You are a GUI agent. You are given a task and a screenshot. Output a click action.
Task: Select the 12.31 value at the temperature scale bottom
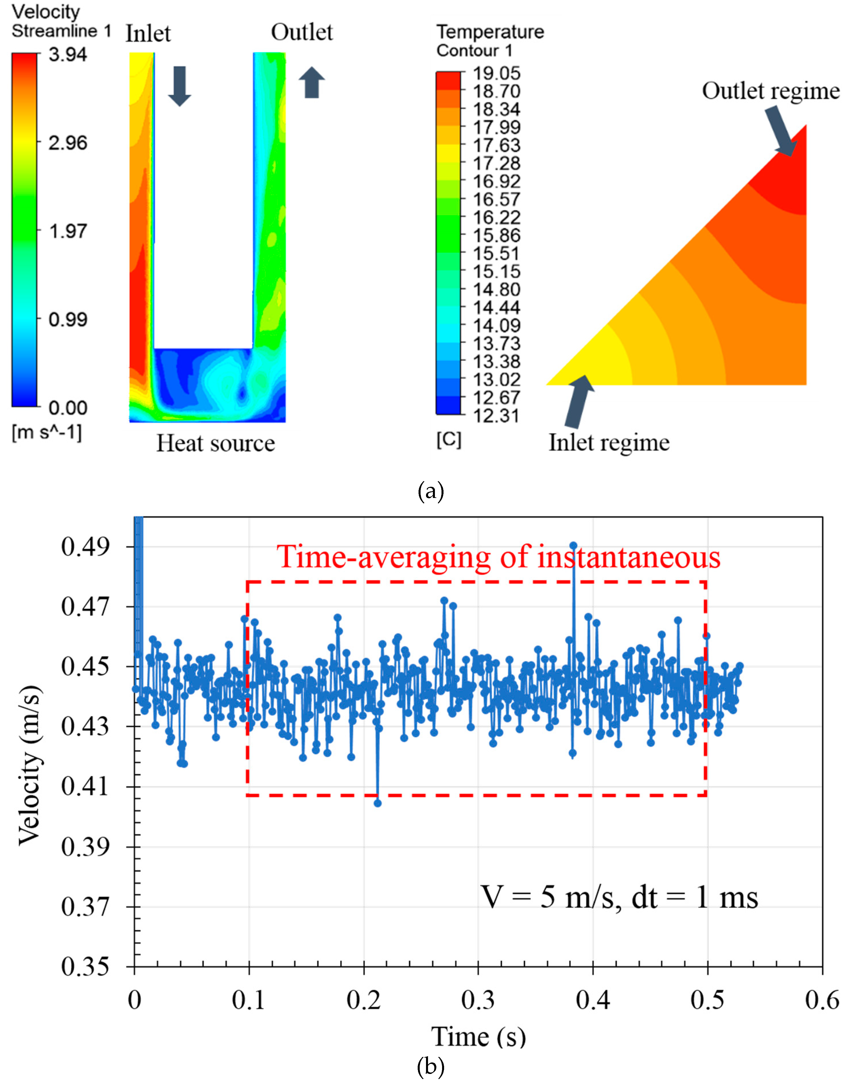(x=496, y=415)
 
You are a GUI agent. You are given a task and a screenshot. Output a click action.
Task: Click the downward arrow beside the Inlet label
(x=179, y=86)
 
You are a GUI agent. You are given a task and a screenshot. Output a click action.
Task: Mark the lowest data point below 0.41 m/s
(x=378, y=803)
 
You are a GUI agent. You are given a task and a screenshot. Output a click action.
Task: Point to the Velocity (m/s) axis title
(x=30, y=767)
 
